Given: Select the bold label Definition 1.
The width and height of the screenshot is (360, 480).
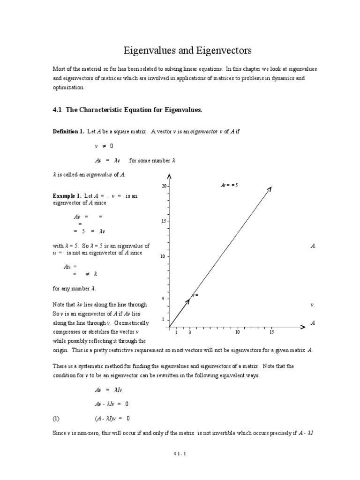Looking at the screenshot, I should tap(68, 132).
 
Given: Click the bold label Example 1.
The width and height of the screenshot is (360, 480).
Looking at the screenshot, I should tap(67, 196).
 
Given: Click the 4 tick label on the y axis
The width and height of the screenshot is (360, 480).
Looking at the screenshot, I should tap(163, 299).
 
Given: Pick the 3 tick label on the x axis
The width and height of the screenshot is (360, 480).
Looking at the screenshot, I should tap(190, 332).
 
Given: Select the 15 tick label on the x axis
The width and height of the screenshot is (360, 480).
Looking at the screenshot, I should tap(271, 332).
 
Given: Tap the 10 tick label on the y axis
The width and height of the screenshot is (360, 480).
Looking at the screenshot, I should tap(163, 256).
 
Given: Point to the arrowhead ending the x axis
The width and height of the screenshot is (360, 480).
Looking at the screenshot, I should tap(303, 327).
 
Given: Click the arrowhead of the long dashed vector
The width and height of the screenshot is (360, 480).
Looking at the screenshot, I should tap(270, 189).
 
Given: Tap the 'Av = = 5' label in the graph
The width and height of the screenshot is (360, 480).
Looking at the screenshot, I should tap(229, 185).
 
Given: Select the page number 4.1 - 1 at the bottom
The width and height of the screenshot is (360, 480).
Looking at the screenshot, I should tap(180, 454).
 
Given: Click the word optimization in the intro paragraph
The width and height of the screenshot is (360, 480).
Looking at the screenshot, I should tap(68, 87).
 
